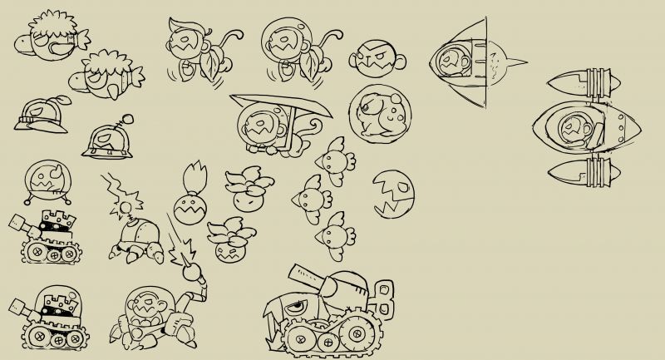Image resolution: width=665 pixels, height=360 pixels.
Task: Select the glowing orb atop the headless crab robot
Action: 131,200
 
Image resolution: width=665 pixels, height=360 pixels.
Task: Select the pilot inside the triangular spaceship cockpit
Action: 455,60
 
